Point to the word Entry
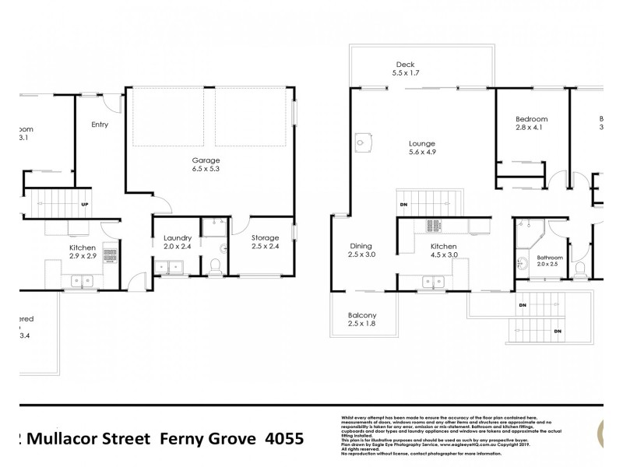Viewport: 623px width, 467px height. click(x=100, y=125)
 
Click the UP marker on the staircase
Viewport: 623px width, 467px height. click(x=85, y=205)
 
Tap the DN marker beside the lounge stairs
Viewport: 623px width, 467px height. click(x=403, y=205)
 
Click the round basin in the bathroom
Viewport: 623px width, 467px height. click(x=522, y=262)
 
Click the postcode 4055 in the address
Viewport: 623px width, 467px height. click(x=280, y=437)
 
